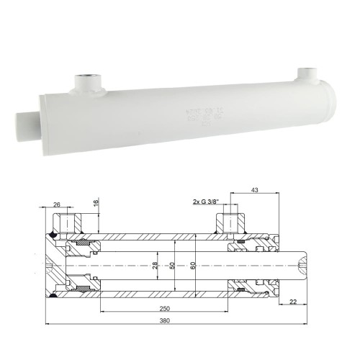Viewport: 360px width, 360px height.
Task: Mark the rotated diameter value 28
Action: [156, 264]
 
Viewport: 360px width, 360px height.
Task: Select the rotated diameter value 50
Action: [172, 264]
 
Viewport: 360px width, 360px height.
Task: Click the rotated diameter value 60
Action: [192, 264]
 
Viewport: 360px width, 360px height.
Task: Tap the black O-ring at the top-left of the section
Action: [53, 236]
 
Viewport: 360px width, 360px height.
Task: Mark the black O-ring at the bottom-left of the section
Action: [53, 294]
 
